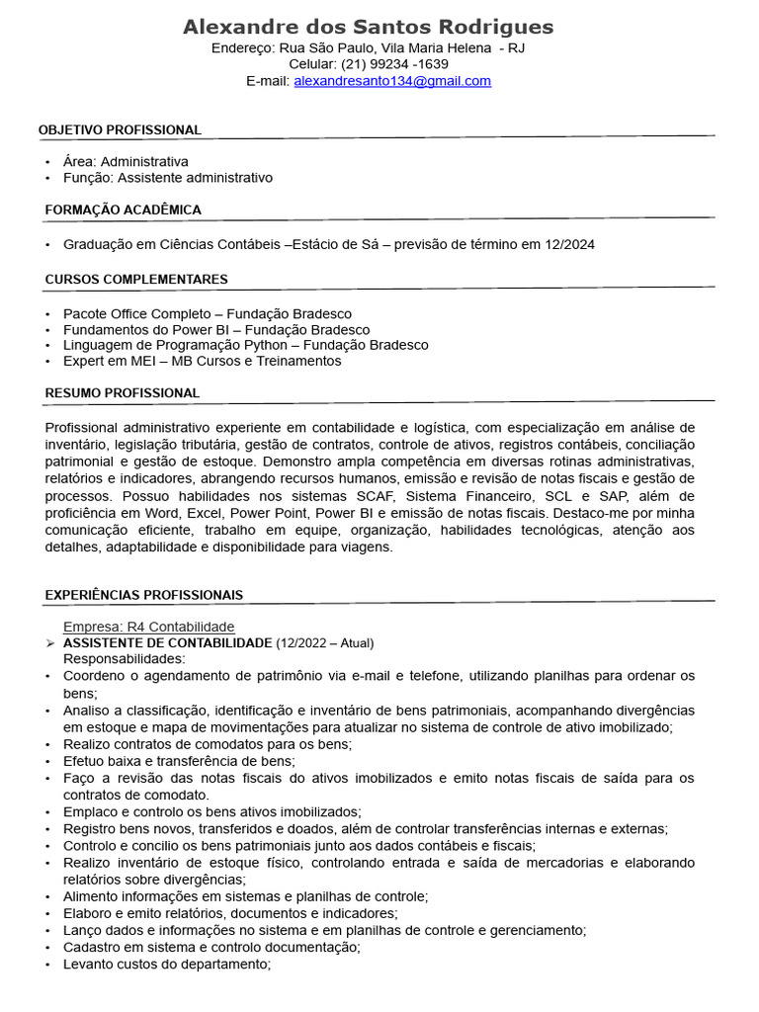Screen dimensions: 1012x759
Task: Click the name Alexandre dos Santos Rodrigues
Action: click(369, 27)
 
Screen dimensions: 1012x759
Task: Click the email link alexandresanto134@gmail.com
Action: click(392, 81)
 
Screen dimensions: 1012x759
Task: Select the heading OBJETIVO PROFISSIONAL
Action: click(120, 130)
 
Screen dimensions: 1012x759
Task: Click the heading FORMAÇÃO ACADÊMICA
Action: click(124, 210)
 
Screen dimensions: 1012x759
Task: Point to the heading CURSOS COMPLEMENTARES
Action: click(136, 280)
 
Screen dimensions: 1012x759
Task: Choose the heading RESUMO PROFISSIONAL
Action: click(123, 393)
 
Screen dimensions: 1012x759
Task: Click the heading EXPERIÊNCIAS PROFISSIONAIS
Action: click(144, 595)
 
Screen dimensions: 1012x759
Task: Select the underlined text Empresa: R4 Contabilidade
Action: click(149, 627)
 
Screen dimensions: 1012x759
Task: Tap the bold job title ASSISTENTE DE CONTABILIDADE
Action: click(167, 642)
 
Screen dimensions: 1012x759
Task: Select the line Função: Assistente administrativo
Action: click(168, 178)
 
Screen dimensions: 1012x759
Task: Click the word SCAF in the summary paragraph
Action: click(377, 495)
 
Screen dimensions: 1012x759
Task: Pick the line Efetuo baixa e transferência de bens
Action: click(179, 761)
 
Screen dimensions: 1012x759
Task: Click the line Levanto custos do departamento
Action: click(166, 964)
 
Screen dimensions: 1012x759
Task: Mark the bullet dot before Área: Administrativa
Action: click(47, 162)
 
